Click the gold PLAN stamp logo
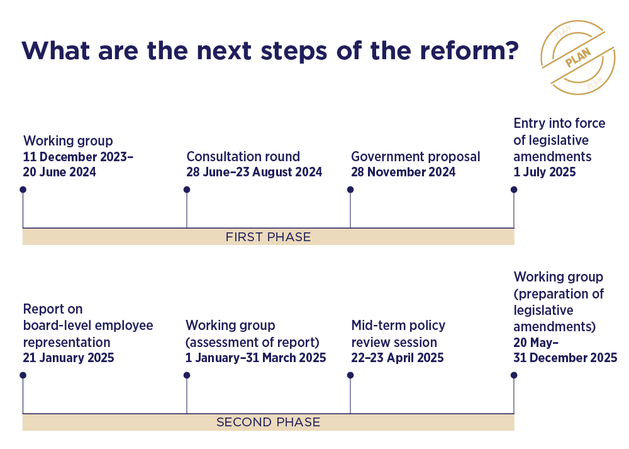577,57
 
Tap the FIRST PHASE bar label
268,237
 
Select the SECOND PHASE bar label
268,422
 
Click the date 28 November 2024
403,172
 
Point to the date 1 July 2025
544,172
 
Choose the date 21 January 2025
69,358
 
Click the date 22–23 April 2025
398,358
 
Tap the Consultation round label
243,156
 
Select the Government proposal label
416,157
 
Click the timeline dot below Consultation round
187,190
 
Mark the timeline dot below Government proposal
350,190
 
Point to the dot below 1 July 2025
514,190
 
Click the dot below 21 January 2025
23,375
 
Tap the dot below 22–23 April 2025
350,375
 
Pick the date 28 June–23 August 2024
254,172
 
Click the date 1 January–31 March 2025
255,358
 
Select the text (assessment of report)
252,342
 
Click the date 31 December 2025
565,358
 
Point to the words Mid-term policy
398,326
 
